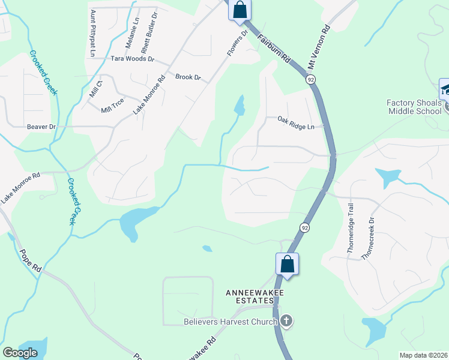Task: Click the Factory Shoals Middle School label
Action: (x=414, y=107)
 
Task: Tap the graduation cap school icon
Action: (x=447, y=90)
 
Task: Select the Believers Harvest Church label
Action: (x=230, y=322)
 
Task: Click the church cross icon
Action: (x=286, y=322)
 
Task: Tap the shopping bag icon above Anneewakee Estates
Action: (x=287, y=264)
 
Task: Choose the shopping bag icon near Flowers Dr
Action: (x=240, y=10)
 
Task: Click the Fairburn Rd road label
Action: (x=274, y=49)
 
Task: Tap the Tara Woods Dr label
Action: (x=133, y=59)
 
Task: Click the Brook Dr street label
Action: (x=187, y=77)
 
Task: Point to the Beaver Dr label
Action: (x=41, y=127)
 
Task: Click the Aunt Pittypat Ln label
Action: (x=92, y=33)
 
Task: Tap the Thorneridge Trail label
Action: (x=351, y=230)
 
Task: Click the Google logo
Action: (x=20, y=353)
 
